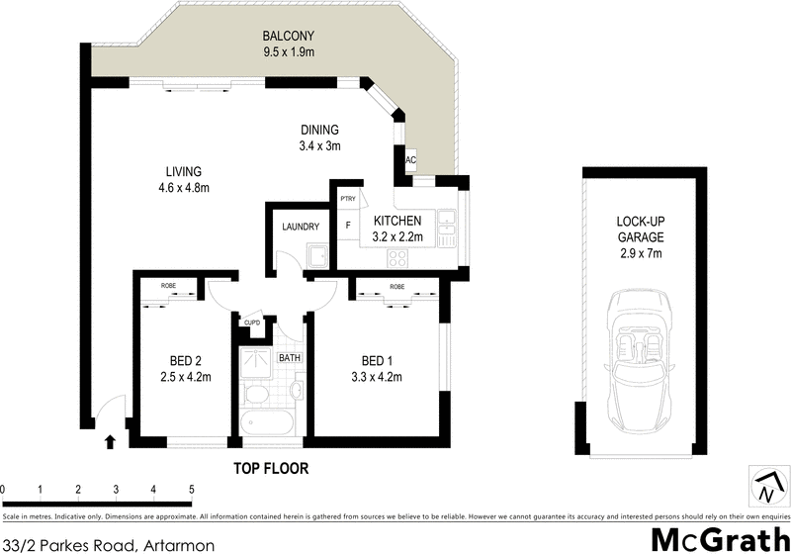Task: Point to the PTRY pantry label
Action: point(347,199)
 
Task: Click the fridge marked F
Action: point(347,225)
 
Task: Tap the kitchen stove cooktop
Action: point(397,258)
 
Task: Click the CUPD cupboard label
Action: point(252,322)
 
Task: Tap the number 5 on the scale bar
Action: point(191,490)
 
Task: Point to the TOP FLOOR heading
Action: point(271,468)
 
